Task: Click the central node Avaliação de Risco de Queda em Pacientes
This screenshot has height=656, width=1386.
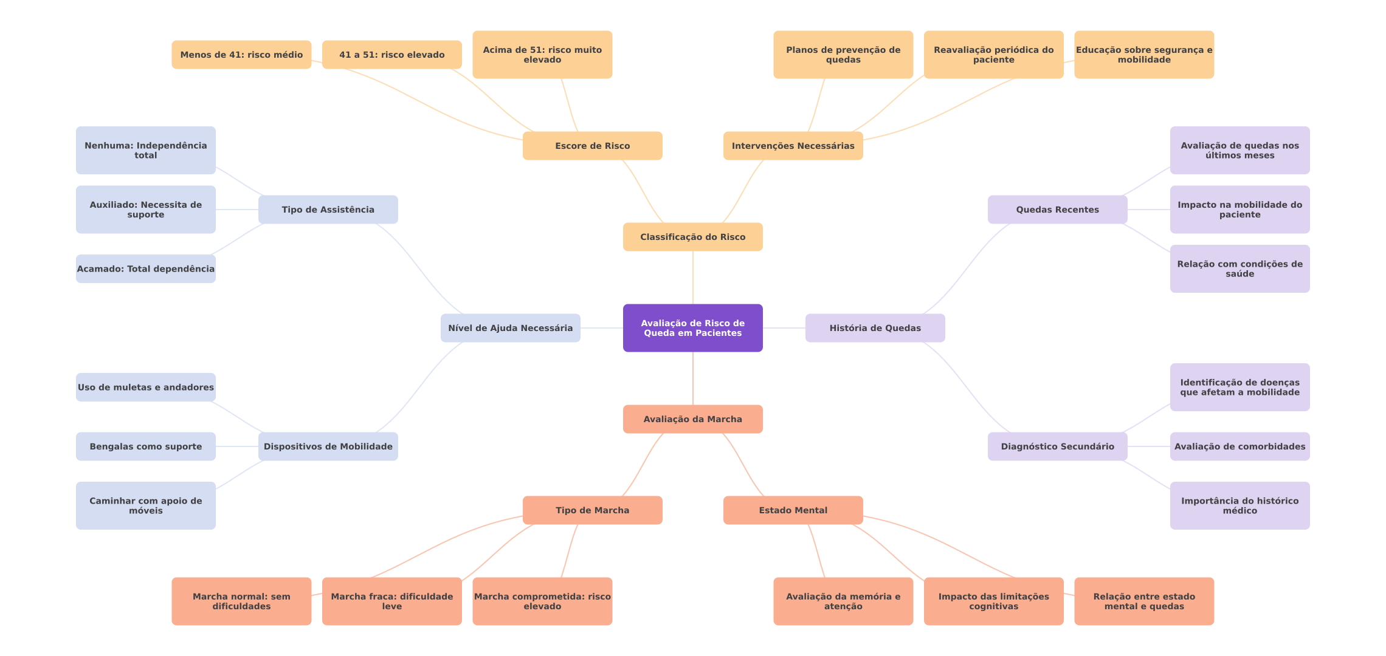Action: coord(692,328)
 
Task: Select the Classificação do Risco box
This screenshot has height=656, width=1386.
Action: coord(692,237)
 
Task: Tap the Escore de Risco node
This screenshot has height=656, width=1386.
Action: coord(592,146)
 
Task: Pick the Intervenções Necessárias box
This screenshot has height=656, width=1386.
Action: coord(793,146)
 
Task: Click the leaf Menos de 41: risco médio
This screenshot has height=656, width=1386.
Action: coord(241,55)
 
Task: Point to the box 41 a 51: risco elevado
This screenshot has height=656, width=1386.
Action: coord(391,55)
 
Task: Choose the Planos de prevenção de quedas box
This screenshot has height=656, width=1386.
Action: coord(843,55)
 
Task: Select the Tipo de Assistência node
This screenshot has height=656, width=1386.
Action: coord(328,210)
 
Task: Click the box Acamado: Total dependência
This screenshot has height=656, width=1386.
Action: coord(145,268)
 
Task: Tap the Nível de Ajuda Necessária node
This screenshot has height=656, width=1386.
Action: coord(510,328)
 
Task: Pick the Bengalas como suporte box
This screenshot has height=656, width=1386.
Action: coord(145,446)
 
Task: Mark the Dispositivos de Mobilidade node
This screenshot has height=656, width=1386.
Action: coord(328,446)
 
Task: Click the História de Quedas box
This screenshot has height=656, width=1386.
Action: coord(875,328)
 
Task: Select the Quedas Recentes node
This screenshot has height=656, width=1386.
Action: coord(1057,210)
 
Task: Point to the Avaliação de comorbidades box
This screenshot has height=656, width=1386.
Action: coord(1239,446)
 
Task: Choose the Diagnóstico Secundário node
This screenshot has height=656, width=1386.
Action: coord(1057,446)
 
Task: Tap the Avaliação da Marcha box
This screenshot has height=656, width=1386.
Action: coord(692,419)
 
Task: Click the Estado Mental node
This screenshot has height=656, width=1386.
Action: coord(793,510)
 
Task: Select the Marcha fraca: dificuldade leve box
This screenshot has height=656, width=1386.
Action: coord(391,601)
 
